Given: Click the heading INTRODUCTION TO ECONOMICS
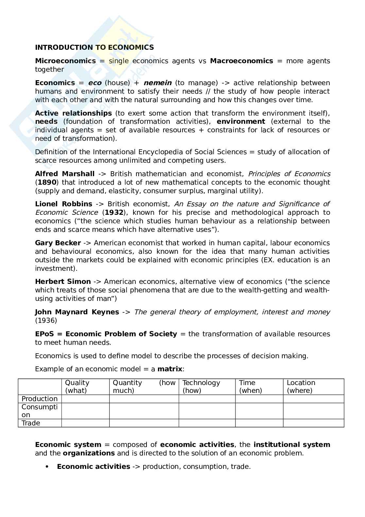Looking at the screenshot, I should [x=94, y=47].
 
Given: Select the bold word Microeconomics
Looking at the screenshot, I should [x=65, y=61].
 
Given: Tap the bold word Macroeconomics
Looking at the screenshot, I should [x=241, y=61].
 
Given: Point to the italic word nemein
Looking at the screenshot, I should [x=157, y=83].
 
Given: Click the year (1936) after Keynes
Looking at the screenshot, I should [x=46, y=321].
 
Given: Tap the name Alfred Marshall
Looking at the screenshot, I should [x=65, y=174].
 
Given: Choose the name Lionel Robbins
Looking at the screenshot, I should [x=63, y=204].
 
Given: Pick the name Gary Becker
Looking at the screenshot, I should [x=58, y=243].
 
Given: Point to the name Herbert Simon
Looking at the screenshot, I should [x=63, y=282].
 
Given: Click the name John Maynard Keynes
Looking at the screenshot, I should [x=77, y=312].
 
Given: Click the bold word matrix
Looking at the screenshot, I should [x=170, y=369].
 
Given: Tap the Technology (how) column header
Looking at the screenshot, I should [x=201, y=387].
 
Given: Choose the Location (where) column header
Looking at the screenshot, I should [x=301, y=387].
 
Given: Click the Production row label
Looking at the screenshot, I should [x=40, y=399].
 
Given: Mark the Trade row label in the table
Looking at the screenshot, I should [x=31, y=423].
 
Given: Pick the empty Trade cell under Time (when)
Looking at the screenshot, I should [x=259, y=423].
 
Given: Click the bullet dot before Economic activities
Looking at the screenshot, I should [x=47, y=467].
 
